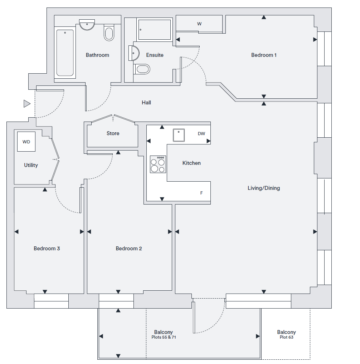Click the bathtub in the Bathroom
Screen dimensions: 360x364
pos(65,53)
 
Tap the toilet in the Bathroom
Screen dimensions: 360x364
pos(109,33)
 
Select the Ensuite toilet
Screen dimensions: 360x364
pos(142,69)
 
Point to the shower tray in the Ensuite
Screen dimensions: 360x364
pos(155,29)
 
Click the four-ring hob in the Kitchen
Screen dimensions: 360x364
pos(158,164)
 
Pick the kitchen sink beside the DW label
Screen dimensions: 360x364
pos(179,135)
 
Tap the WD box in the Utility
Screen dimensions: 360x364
pos(26,142)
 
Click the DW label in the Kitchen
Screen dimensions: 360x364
pos(201,134)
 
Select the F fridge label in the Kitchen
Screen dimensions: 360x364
pos(201,193)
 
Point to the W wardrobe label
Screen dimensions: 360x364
pos(199,24)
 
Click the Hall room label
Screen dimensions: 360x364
pos(146,103)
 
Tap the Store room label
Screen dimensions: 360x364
pos(113,133)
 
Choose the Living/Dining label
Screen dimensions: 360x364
pos(264,188)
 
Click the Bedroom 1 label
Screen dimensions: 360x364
pos(264,55)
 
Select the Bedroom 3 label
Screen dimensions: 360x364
pos(47,249)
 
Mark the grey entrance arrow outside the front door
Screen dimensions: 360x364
pos(27,104)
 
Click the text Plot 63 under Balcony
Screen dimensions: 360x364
pos(286,337)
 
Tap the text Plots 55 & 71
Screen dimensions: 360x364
pos(164,337)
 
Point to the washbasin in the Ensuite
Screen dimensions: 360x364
pos(134,53)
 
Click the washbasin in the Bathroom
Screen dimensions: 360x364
pos(87,25)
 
